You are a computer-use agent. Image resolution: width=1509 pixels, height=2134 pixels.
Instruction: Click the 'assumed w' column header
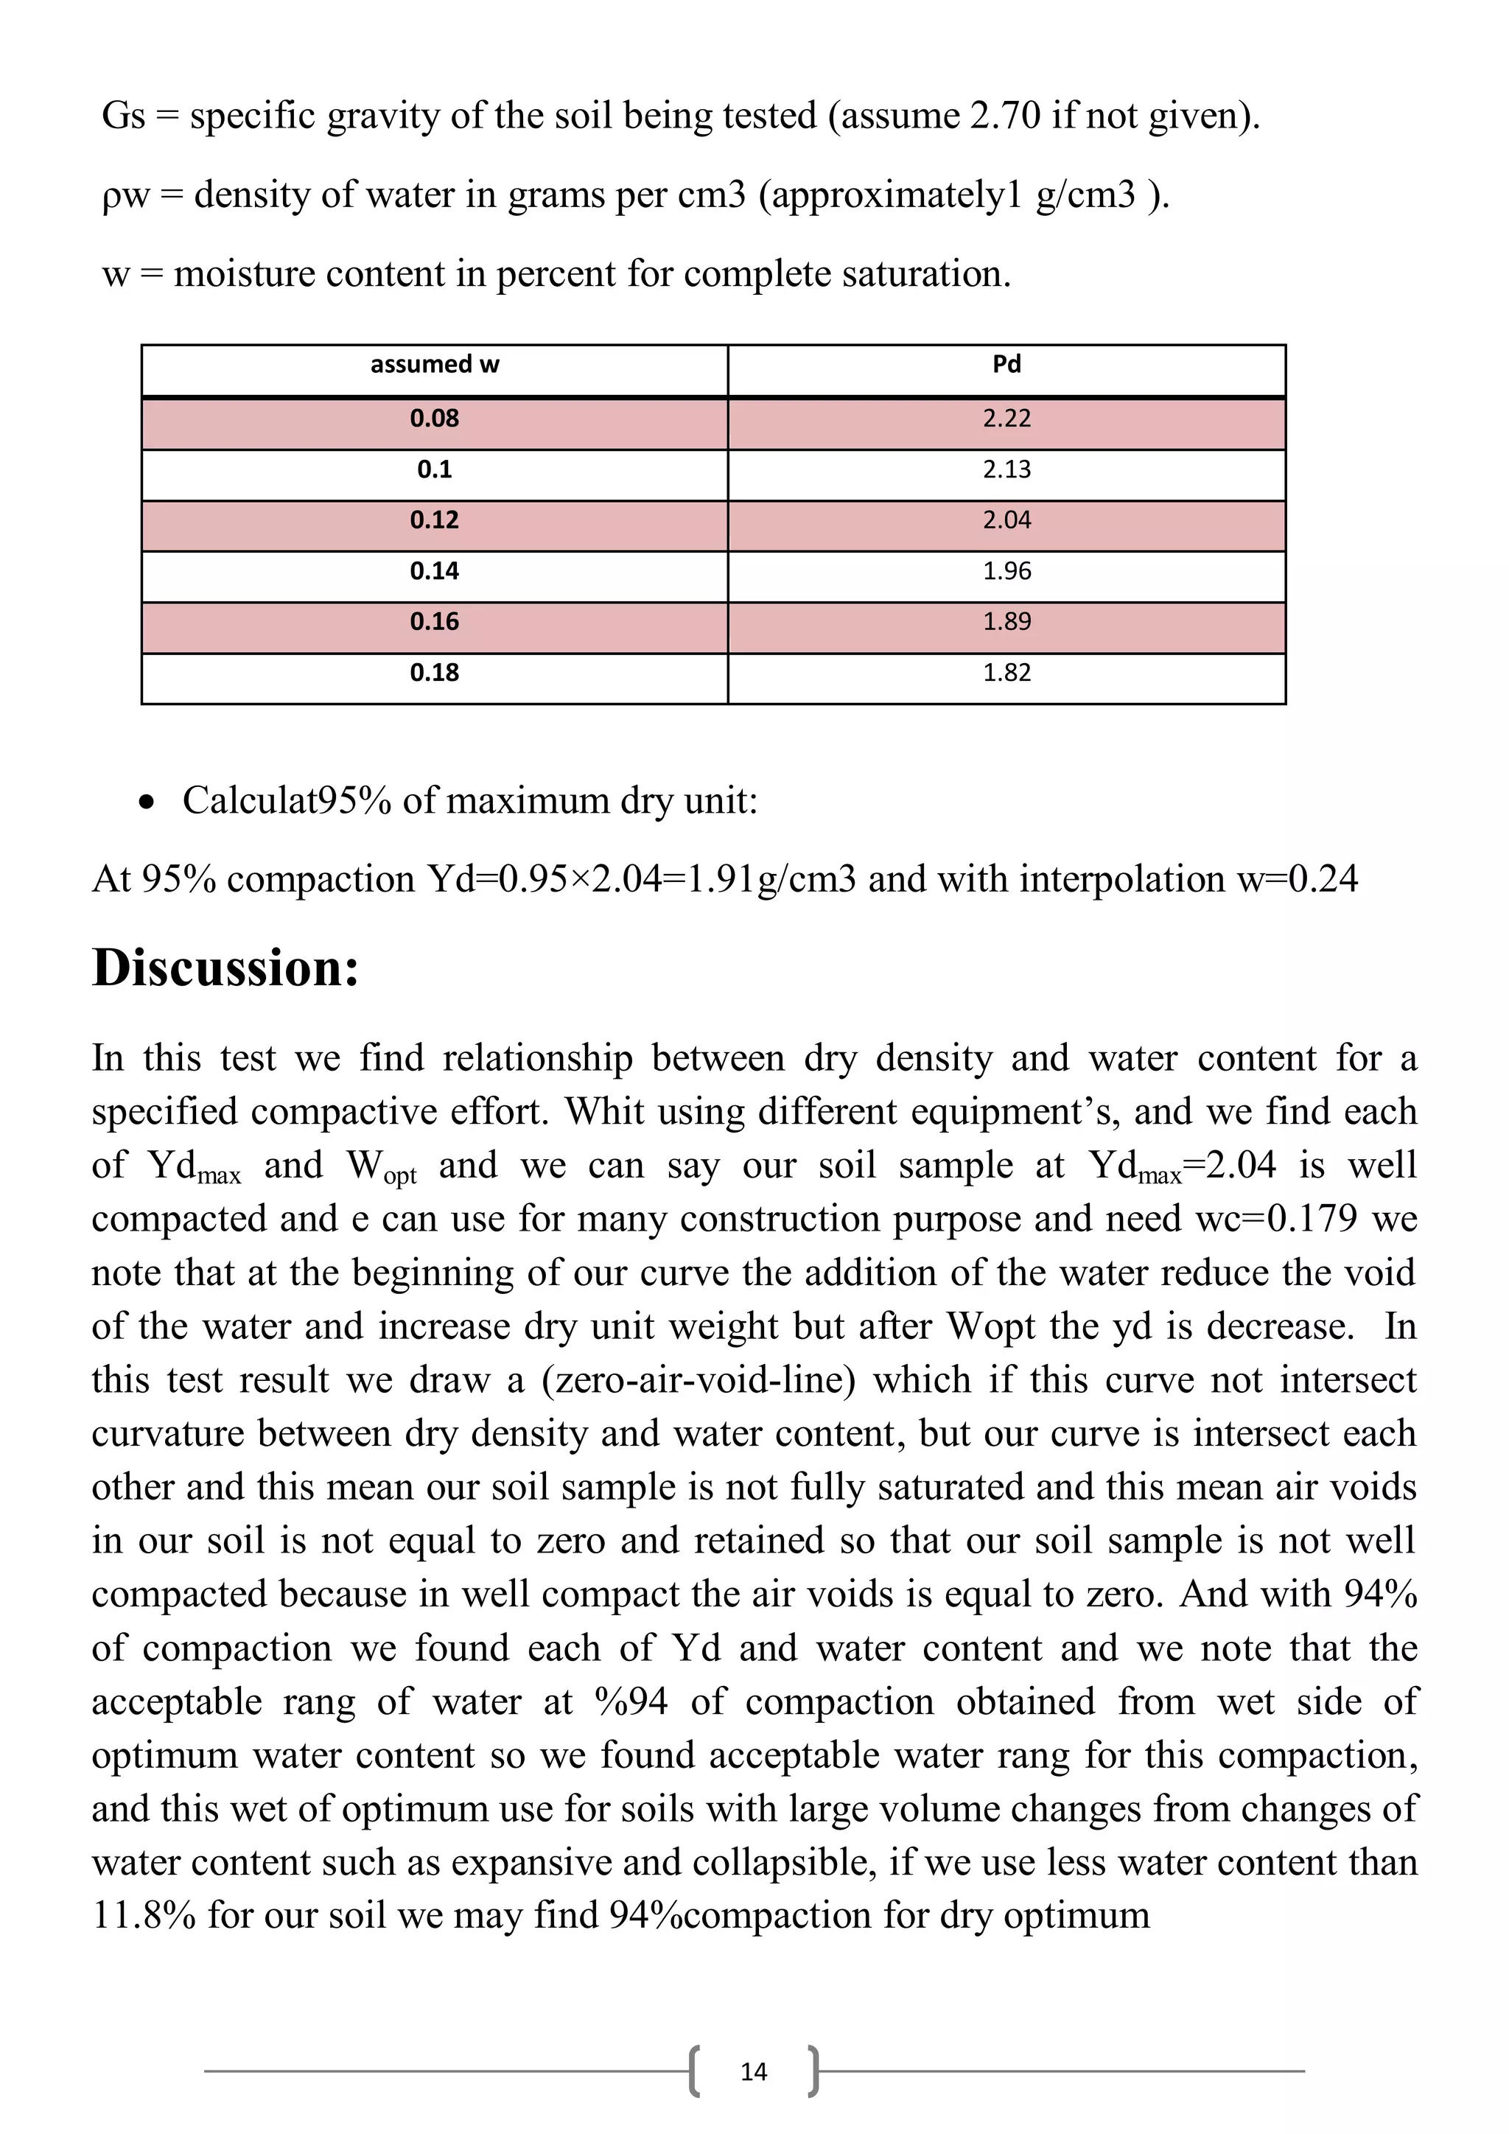tap(434, 364)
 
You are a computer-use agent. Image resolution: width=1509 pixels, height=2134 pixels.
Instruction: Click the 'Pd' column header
tap(1006, 364)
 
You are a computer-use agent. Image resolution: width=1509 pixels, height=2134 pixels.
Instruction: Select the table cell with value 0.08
tap(434, 419)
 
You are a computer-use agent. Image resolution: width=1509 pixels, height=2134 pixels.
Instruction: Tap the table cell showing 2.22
tap(1006, 419)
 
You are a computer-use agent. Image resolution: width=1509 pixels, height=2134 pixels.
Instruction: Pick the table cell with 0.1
tap(434, 469)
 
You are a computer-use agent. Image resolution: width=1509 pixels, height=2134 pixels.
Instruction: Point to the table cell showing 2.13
tap(1006, 469)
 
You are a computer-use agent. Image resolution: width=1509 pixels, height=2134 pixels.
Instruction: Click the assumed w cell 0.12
tap(434, 520)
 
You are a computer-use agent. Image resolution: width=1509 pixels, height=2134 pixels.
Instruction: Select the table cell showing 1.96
tap(1006, 570)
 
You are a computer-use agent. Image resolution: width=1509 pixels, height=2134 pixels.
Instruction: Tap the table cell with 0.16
tap(434, 622)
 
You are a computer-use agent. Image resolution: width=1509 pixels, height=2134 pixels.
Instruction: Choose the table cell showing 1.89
tap(1006, 622)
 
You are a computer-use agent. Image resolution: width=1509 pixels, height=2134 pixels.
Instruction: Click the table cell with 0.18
tap(434, 673)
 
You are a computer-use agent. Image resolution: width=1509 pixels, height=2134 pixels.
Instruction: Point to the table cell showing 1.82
tap(1006, 673)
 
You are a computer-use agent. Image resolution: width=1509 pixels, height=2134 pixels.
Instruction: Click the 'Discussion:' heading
tap(225, 968)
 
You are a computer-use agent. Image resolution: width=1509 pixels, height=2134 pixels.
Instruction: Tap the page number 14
tap(754, 2071)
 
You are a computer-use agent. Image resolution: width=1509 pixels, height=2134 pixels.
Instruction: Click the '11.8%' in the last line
tap(144, 1914)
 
